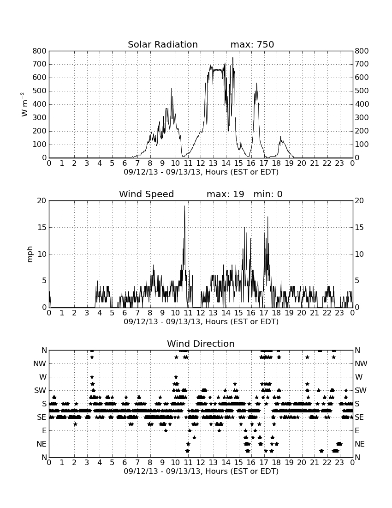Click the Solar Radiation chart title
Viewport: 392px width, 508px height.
coord(163,44)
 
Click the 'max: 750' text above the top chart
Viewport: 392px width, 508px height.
coord(252,44)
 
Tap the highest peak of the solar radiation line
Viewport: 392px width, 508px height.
coord(233,58)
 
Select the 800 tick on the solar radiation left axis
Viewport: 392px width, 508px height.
coord(40,51)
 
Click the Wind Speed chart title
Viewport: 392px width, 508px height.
coord(147,194)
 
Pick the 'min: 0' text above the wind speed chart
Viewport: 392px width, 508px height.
coord(268,194)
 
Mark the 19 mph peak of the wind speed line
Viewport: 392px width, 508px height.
coord(184,206)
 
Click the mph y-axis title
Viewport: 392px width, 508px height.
coord(30,254)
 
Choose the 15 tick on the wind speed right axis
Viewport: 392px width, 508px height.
coord(359,227)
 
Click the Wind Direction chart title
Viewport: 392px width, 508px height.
coord(201,344)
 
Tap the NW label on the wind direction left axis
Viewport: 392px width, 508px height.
coord(40,363)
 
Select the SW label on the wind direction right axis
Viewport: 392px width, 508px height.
coord(361,390)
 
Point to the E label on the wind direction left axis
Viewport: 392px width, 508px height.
coord(44,430)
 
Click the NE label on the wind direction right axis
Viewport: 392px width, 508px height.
coord(360,444)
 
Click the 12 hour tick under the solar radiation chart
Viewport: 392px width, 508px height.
coord(201,163)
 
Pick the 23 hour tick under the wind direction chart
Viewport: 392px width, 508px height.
coord(339,462)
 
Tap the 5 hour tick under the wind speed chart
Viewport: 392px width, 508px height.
coord(112,313)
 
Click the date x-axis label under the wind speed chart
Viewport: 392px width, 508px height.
coord(201,322)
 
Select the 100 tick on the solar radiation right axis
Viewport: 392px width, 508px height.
coord(362,145)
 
